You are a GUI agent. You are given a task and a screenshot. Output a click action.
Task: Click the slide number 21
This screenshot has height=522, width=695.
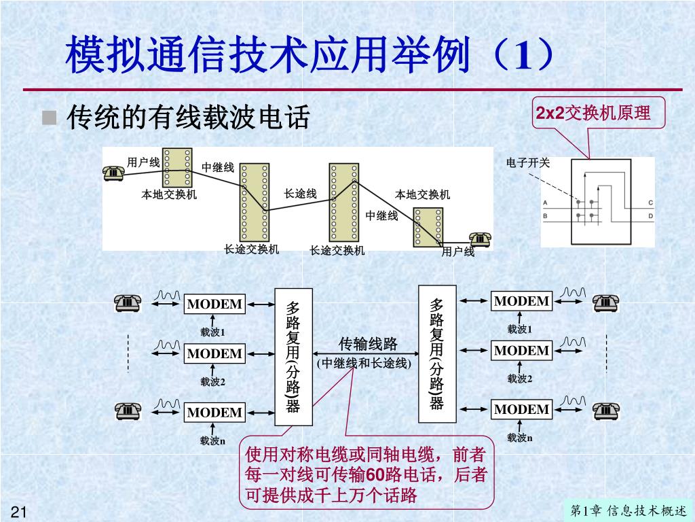18,512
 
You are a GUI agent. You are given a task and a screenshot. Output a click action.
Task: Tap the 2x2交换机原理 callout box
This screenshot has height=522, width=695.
593,113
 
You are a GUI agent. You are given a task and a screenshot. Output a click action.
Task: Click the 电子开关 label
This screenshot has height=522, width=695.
528,162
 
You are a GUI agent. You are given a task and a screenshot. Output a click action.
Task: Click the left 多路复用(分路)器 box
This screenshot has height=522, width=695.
293,357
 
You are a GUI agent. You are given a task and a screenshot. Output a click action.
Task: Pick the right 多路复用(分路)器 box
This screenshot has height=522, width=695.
437,353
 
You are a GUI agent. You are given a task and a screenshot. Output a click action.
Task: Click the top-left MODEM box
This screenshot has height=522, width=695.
214,304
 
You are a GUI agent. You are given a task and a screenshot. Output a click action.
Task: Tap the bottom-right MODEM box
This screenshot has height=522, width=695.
521,409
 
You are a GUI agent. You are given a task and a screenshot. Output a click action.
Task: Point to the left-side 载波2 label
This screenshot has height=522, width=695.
212,381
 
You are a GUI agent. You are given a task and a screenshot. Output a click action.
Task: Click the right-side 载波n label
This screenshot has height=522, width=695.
520,438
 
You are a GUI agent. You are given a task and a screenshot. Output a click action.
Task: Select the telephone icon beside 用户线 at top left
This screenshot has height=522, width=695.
113,172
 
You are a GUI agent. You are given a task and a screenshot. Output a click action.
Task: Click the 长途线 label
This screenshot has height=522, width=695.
301,194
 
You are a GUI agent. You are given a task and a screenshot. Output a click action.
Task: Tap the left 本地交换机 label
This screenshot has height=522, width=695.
169,195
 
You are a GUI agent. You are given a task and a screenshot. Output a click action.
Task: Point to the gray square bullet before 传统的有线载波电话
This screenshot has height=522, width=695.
49,118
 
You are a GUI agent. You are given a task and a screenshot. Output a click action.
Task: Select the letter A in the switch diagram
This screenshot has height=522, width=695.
545,203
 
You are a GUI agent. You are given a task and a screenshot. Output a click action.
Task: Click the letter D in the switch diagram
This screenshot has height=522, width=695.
650,216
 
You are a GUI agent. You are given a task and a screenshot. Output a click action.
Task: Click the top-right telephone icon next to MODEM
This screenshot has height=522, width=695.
605,302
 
